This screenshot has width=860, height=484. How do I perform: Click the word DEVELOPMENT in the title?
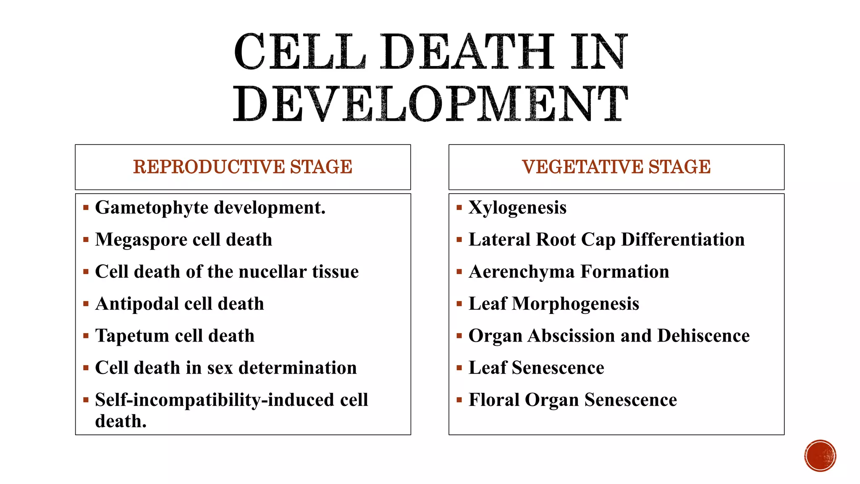tap(430, 104)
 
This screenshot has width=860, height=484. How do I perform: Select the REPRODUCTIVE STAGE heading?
tap(243, 167)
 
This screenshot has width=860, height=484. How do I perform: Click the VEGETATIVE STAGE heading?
tap(616, 167)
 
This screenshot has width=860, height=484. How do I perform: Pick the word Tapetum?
tap(132, 336)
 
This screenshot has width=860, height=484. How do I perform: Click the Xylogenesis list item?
tap(517, 208)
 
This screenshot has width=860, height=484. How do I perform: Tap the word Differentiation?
tap(683, 239)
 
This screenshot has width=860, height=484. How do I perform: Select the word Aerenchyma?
tap(521, 272)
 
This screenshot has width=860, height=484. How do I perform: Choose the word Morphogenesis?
tap(575, 304)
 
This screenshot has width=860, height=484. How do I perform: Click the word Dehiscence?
tap(703, 336)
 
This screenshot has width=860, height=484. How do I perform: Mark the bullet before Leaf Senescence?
tap(459, 368)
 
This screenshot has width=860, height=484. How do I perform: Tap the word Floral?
tap(494, 400)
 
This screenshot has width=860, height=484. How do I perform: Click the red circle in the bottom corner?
tap(820, 456)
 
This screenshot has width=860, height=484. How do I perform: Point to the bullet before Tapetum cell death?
tap(86, 336)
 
